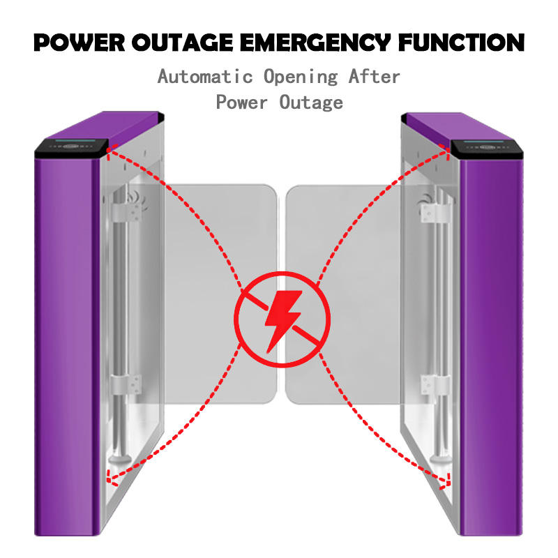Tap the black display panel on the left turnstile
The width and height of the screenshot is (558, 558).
[x=70, y=147]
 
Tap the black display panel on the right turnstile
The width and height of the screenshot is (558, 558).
[x=486, y=147]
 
